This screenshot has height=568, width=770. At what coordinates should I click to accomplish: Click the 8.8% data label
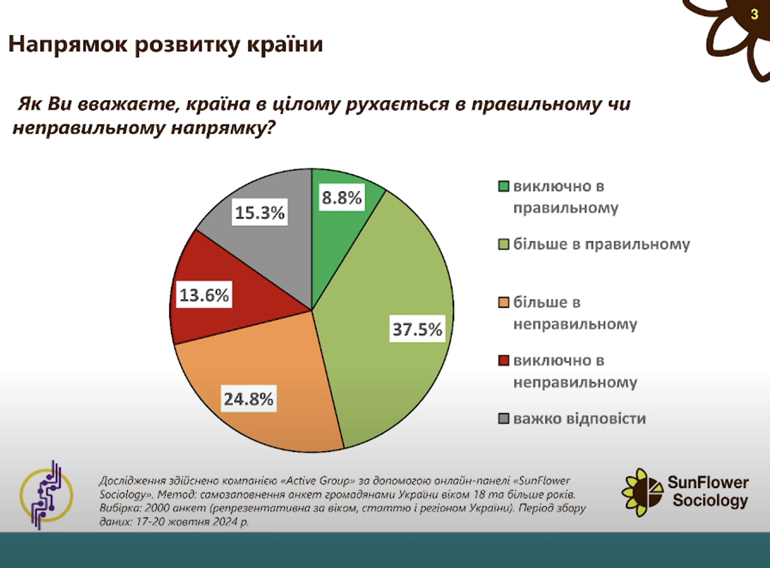[342, 198]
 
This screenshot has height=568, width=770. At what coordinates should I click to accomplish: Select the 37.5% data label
[417, 329]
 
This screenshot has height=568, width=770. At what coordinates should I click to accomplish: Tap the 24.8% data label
[249, 399]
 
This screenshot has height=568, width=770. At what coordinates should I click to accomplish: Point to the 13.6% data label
[204, 295]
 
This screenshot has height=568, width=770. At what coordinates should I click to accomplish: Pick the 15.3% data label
[260, 212]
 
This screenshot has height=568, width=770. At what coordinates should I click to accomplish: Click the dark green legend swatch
[504, 187]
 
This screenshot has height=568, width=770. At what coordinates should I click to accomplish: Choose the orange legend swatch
[504, 302]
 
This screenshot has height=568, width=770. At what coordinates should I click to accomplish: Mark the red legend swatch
[504, 360]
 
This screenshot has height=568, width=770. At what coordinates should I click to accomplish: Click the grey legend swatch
[504, 419]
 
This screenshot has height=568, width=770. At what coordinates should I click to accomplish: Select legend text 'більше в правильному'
[602, 244]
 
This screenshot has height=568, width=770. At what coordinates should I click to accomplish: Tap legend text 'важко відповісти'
[579, 419]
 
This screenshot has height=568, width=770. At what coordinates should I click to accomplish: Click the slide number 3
[754, 15]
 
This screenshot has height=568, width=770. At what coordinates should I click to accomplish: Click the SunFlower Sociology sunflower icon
[642, 493]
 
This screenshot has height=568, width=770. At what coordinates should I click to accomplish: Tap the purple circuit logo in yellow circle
[46, 495]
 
